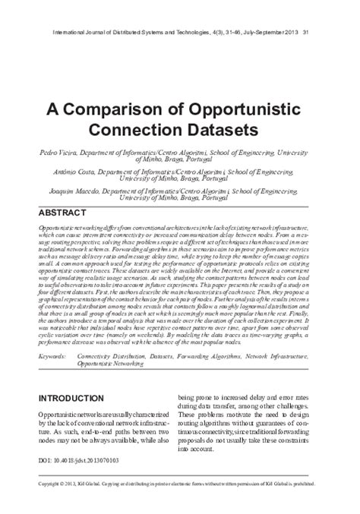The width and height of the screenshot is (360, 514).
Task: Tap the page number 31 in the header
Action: (x=306, y=33)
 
